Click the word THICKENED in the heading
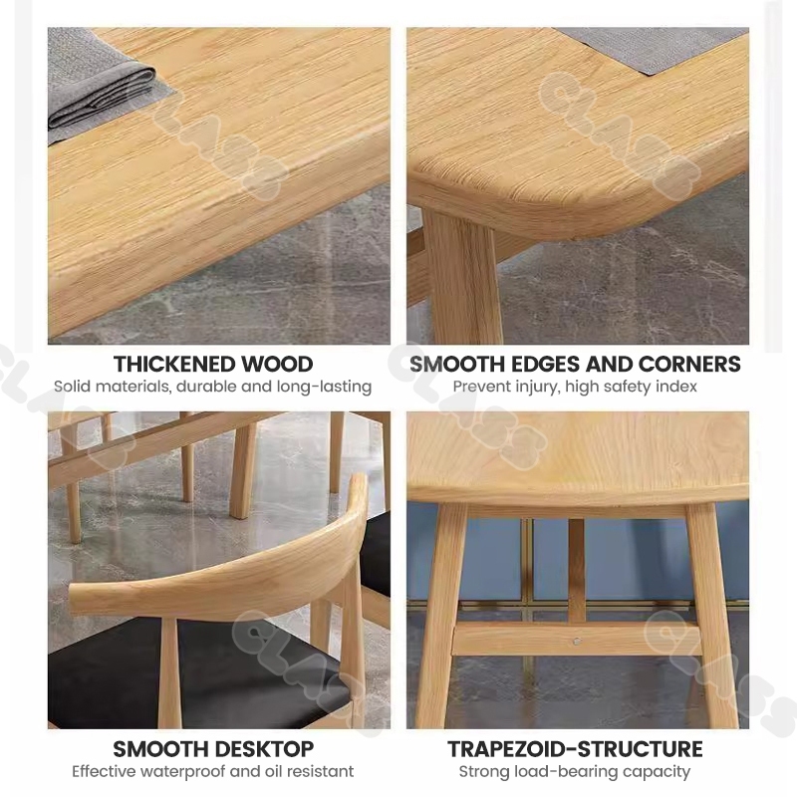pyautogui.click(x=173, y=364)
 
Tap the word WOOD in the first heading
pyautogui.click(x=277, y=364)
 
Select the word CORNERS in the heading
pyautogui.click(x=689, y=364)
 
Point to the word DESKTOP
pyautogui.click(x=263, y=749)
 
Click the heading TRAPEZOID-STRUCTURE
pyautogui.click(x=575, y=749)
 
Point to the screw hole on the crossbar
pyautogui.click(x=576, y=642)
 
